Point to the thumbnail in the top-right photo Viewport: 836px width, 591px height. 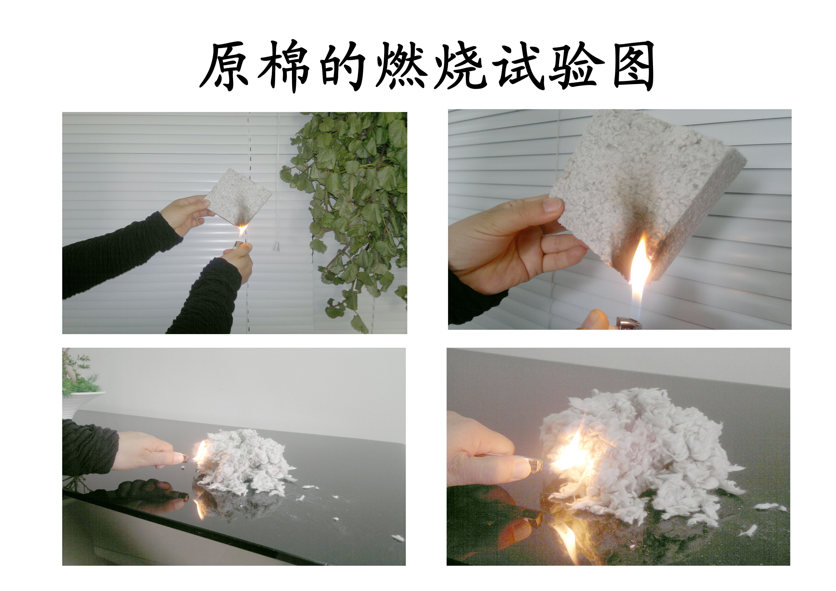552,205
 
